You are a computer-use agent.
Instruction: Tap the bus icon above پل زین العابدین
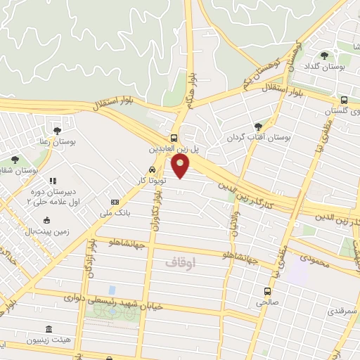tap(174, 138)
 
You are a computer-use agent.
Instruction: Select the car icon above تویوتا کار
tap(153, 170)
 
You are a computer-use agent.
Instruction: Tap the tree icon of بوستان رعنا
tap(57, 130)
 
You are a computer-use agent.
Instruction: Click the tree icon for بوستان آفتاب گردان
tap(257, 127)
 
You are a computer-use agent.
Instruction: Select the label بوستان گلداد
tap(323, 67)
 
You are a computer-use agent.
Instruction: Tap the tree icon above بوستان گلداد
tap(324, 56)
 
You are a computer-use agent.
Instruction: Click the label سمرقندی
tap(345, 310)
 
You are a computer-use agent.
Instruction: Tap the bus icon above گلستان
tap(344, 100)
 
